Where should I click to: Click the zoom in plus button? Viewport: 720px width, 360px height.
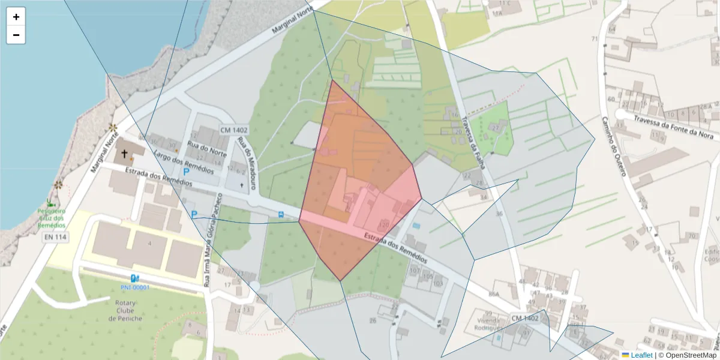tap(16, 17)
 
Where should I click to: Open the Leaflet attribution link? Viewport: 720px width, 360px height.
tap(641, 355)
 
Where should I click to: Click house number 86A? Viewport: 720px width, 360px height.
tap(493, 294)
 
